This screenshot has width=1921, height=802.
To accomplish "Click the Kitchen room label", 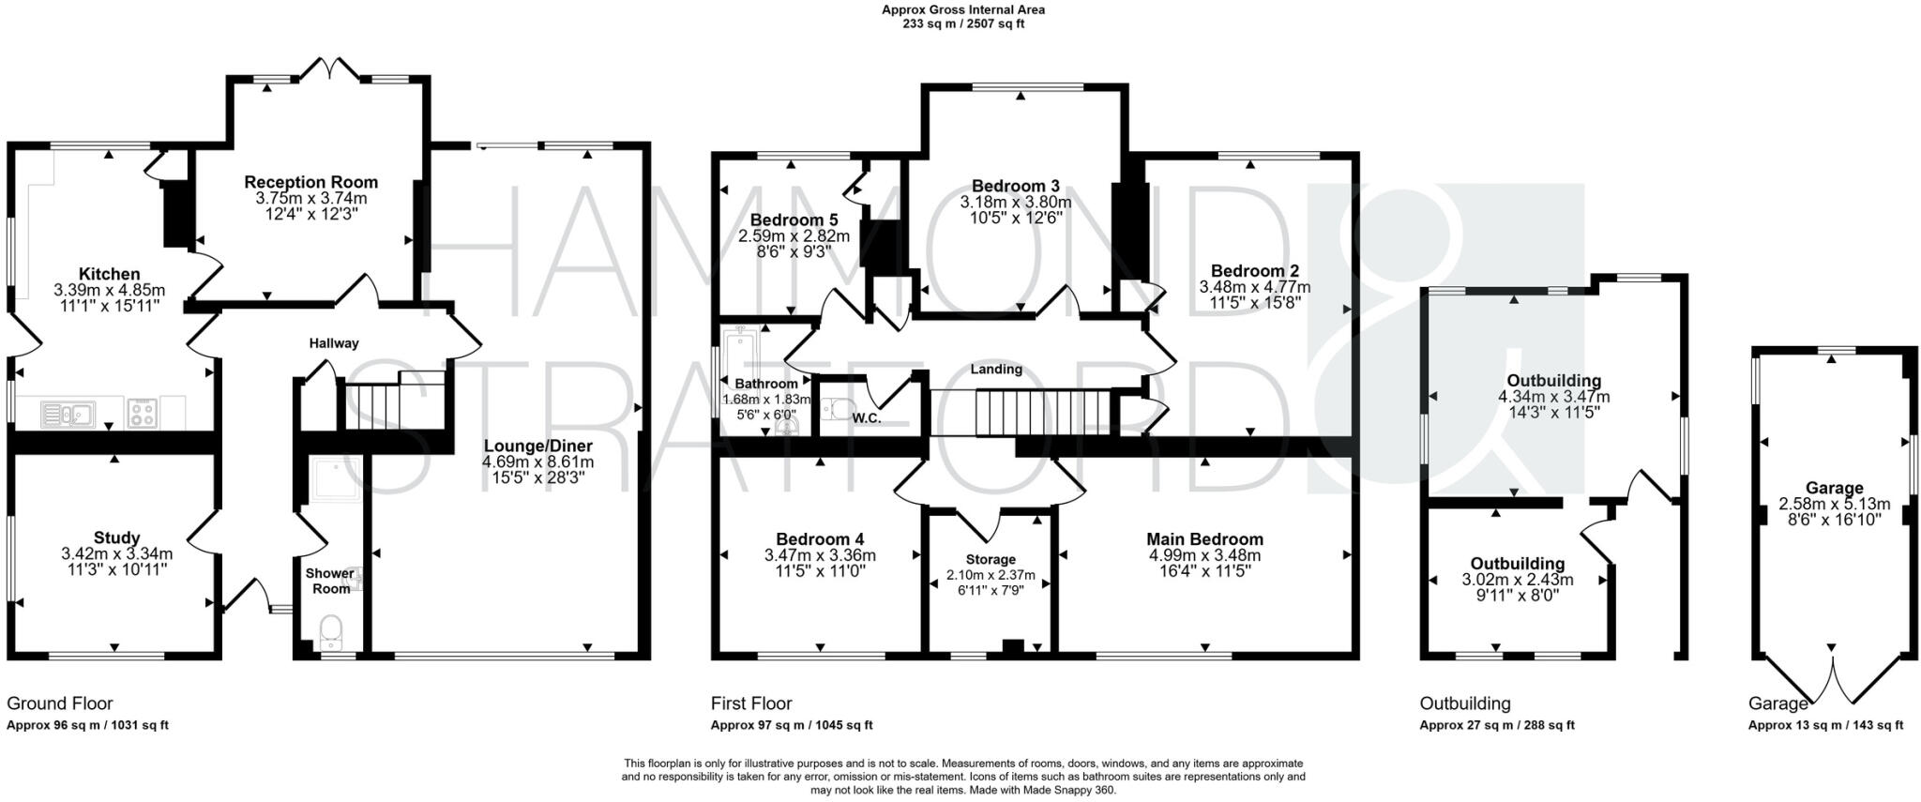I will [110, 275].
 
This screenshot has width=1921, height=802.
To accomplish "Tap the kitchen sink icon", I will [67, 413].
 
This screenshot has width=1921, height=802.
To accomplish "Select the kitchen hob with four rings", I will [142, 413].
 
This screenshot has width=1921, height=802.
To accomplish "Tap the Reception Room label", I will [310, 182].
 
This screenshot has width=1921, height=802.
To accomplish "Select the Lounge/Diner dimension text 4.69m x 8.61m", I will [537, 462].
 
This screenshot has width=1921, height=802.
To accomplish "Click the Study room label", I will [116, 538].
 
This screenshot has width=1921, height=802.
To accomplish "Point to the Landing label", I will [996, 369].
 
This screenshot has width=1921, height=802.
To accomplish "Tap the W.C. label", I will [866, 418].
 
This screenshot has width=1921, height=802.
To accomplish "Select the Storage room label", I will [991, 559].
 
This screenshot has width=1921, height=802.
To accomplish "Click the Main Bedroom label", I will [1204, 539].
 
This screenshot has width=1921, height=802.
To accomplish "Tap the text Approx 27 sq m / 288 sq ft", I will [1496, 725].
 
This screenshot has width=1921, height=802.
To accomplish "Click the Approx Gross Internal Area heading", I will [962, 10].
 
